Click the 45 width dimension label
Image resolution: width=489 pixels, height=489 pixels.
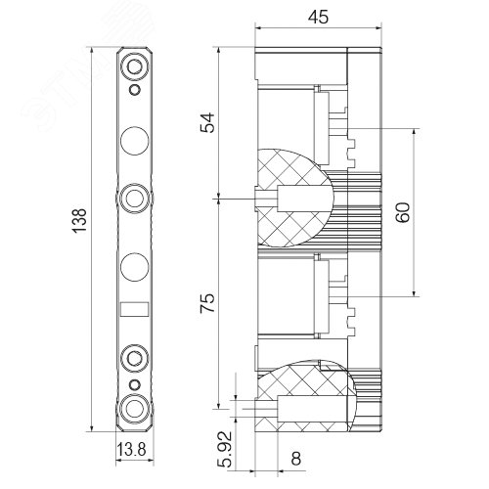tap(318, 17)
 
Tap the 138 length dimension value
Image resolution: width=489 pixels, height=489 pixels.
tap(79, 221)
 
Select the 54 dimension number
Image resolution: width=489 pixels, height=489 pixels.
tap(207, 122)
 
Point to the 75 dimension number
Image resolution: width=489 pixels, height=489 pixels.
tap(207, 303)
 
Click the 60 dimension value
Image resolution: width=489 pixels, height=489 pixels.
tap(403, 212)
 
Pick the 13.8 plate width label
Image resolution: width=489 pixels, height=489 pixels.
tap(131, 450)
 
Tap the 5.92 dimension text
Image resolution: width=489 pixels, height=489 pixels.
tap(225, 449)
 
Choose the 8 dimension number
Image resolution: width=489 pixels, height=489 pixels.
tap(295, 459)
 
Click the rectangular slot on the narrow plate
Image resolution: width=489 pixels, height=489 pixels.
tap(135, 309)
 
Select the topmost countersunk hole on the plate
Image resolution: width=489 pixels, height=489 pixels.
tap(135, 67)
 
